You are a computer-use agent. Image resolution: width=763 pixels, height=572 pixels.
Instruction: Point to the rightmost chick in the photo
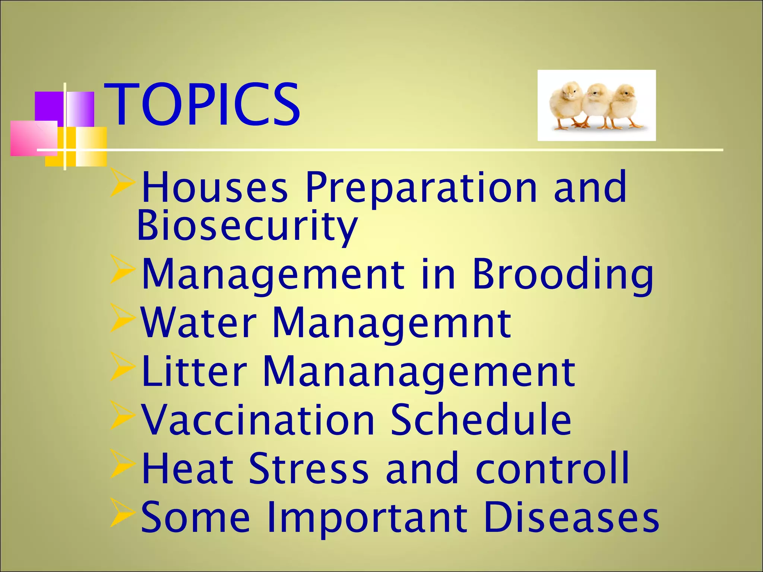click(x=626, y=106)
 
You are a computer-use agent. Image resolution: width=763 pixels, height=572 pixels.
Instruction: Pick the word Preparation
click(x=421, y=187)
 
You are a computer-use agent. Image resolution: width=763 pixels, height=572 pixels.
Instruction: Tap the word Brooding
click(x=563, y=274)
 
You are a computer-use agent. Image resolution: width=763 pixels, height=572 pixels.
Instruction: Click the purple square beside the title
click(x=48, y=106)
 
